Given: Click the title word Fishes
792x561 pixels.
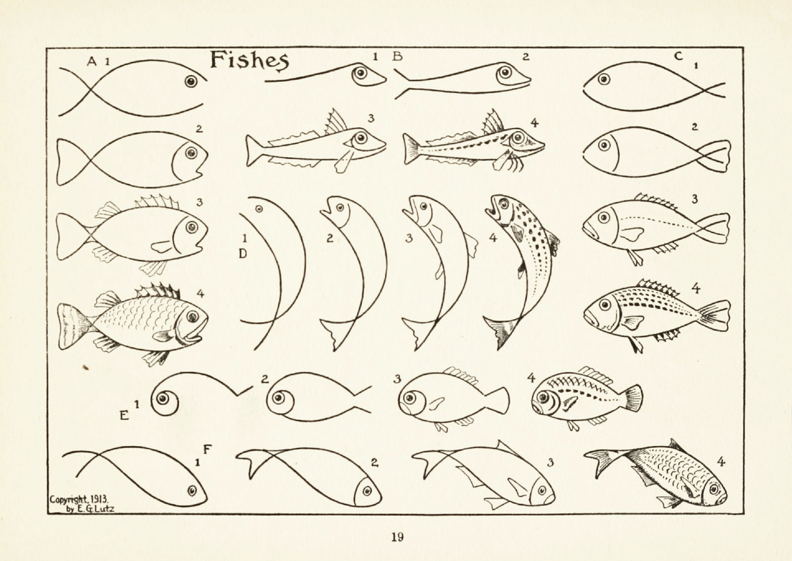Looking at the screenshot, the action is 249,61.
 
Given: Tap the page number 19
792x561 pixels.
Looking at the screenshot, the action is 397,537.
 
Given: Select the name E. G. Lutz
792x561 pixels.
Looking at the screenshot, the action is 94,509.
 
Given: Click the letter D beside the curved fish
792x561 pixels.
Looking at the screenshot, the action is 243,254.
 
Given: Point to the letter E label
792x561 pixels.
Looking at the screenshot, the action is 124,415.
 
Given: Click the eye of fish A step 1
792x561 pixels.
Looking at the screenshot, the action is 191,81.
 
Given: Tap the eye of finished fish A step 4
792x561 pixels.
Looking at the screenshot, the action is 192,316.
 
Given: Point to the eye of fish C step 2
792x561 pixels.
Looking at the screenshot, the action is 604,145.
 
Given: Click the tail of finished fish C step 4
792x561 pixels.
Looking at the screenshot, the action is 714,316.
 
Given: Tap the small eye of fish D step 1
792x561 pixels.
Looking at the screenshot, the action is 259,209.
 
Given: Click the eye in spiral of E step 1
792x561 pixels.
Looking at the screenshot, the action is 163,399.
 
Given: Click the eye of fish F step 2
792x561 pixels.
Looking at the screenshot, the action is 366,491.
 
